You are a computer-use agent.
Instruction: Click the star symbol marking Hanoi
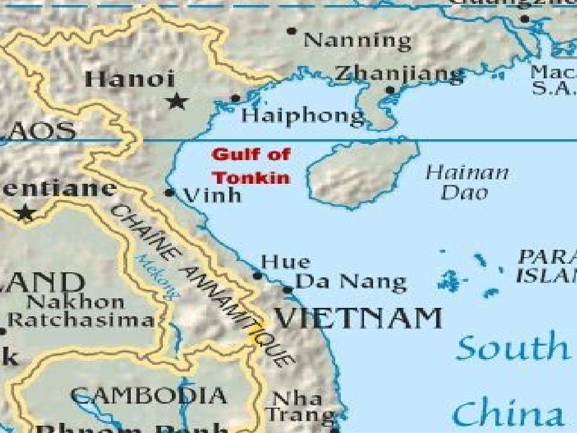[177, 101]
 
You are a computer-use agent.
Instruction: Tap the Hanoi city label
[130, 79]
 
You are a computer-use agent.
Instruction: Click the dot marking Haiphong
[236, 99]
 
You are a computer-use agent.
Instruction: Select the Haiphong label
[303, 116]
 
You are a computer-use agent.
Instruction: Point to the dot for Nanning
[291, 31]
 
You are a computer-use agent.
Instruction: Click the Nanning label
[357, 41]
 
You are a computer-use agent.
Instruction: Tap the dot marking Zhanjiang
[390, 90]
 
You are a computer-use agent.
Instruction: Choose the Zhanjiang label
[399, 73]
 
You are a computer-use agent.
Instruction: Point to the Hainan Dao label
[467, 182]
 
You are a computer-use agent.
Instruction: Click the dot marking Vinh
[169, 193]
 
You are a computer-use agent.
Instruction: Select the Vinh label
[213, 196]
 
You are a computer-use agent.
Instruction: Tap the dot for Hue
[258, 276]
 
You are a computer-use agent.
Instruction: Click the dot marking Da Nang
[287, 290]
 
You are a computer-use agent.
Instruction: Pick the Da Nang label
[350, 281]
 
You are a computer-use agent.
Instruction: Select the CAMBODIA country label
[149, 395]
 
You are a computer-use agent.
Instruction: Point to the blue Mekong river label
[157, 276]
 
